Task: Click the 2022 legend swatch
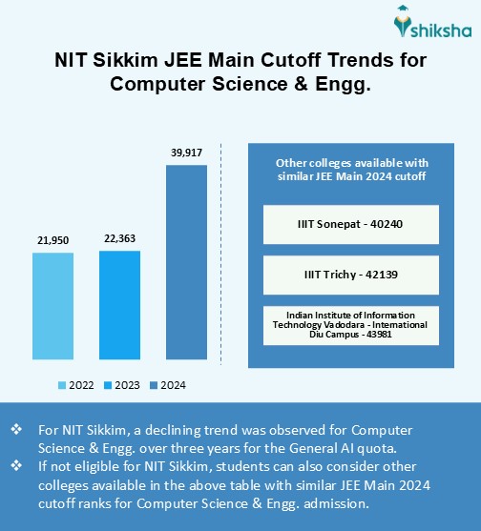62,385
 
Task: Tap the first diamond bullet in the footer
15,430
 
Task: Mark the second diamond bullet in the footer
15,464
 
